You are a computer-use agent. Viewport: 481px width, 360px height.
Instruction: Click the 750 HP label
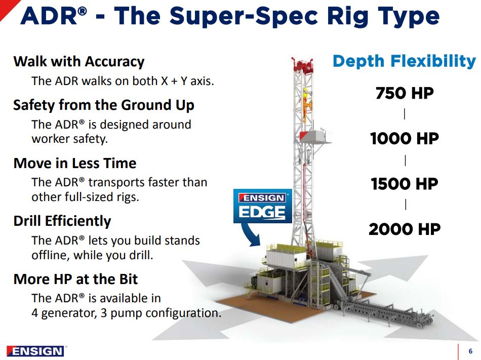pyautogui.click(x=405, y=93)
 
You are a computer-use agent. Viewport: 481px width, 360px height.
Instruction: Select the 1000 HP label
pyautogui.click(x=405, y=138)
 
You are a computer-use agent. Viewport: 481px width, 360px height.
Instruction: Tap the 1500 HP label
pyautogui.click(x=405, y=184)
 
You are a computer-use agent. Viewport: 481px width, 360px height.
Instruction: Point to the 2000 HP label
pyautogui.click(x=405, y=229)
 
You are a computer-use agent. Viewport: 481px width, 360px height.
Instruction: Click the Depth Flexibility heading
pyautogui.click(x=405, y=61)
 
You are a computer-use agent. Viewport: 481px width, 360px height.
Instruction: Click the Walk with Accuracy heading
pyautogui.click(x=79, y=62)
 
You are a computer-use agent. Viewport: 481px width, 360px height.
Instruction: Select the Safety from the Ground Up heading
pyautogui.click(x=104, y=105)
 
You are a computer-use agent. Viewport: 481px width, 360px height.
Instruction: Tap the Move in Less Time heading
pyautogui.click(x=75, y=163)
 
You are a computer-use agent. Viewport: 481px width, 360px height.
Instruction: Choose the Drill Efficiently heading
pyautogui.click(x=62, y=221)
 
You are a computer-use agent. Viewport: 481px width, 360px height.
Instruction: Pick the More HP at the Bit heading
pyautogui.click(x=76, y=279)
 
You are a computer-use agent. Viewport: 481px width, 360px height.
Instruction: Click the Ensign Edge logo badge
pyautogui.click(x=263, y=206)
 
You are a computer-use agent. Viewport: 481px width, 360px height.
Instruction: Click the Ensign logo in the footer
pyautogui.click(x=35, y=351)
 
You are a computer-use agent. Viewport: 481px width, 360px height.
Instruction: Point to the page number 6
pyautogui.click(x=470, y=351)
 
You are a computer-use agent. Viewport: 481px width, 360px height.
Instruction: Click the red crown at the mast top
pyautogui.click(x=303, y=65)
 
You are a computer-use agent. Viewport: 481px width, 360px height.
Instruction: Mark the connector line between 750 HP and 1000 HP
pyautogui.click(x=405, y=114)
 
